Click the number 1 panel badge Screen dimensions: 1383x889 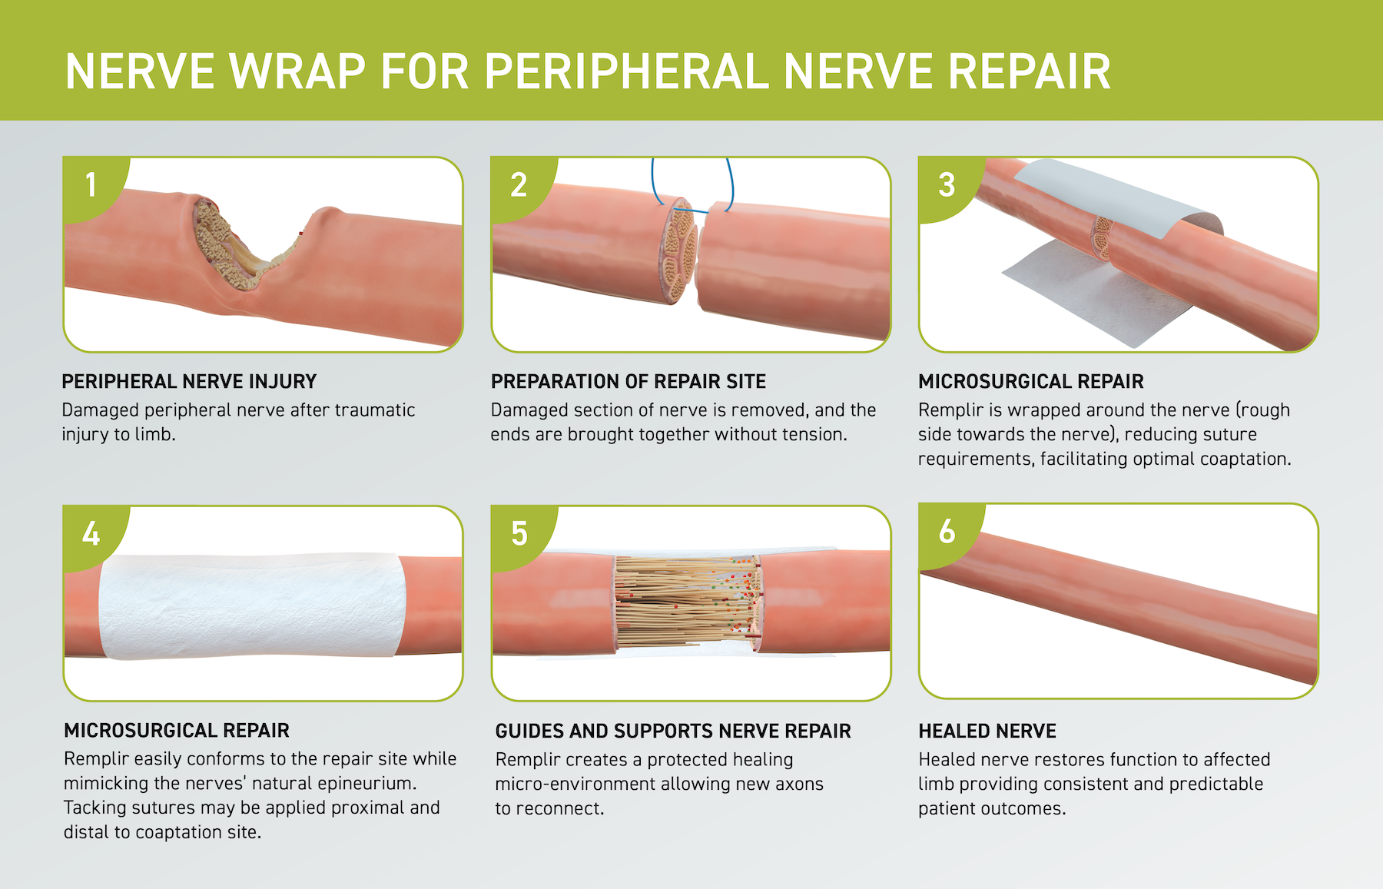(x=91, y=185)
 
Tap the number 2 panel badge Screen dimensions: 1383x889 (x=519, y=185)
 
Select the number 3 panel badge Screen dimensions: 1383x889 (x=947, y=185)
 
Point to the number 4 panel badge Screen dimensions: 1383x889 (x=91, y=534)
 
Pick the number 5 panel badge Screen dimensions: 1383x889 (x=519, y=534)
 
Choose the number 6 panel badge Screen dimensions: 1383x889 (x=947, y=532)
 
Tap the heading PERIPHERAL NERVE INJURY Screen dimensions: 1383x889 (x=189, y=382)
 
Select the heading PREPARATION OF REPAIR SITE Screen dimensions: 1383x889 (x=628, y=382)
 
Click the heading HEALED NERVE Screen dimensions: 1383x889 (x=987, y=731)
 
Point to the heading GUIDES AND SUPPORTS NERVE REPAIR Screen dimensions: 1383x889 (x=673, y=731)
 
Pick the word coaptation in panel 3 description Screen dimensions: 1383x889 (x=1245, y=459)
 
